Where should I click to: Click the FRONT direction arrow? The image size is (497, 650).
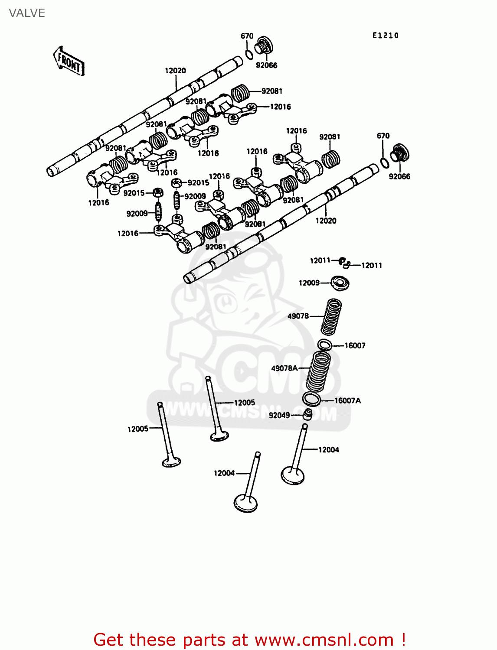pos(69,62)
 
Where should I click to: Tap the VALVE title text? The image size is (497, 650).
pos(27,13)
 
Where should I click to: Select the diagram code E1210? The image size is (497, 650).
pos(385,36)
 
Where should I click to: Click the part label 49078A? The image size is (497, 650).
pos(284,368)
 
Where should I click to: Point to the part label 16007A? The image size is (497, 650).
pos(347,400)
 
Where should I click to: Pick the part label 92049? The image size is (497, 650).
pos(279,415)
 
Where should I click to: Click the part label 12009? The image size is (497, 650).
pos(309,283)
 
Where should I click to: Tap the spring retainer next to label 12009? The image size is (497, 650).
pos(340,283)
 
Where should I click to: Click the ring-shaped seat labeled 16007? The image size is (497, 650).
pos(324,345)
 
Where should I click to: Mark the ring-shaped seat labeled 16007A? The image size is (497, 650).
pos(311,399)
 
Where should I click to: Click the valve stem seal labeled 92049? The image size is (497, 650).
pos(307,415)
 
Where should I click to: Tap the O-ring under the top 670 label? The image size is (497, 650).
pos(249,55)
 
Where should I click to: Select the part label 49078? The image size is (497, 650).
pos(298,316)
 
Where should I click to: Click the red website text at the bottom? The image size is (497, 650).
pos(249,640)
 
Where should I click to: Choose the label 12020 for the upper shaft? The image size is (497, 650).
pos(175,71)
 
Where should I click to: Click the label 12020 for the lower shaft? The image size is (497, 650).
pos(326,221)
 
